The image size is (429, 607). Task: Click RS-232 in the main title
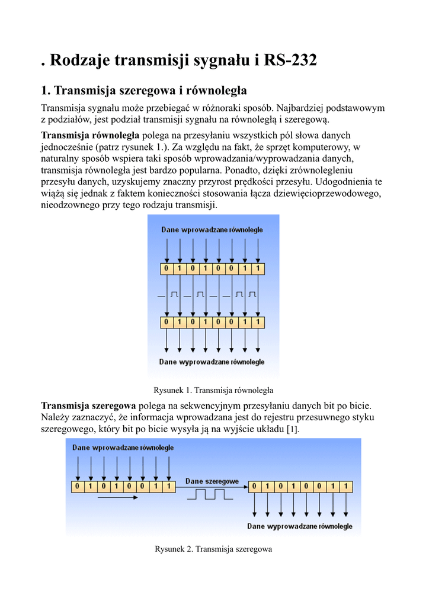[x=291, y=60]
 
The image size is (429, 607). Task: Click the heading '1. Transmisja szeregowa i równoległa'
[x=144, y=91]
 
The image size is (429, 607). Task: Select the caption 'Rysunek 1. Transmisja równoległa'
[x=213, y=390]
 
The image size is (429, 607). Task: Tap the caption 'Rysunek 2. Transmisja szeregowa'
[x=213, y=550]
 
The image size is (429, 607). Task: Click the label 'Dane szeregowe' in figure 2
[x=212, y=481]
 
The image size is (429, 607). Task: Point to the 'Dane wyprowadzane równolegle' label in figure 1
[x=212, y=362]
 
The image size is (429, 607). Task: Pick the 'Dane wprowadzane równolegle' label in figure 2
[x=123, y=448]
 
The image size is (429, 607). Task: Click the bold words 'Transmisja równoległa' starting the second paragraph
[x=90, y=135]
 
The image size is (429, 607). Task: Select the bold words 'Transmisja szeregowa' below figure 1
[x=88, y=405]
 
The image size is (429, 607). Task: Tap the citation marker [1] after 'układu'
[x=293, y=429]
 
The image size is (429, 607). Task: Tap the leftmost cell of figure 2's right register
[x=255, y=487]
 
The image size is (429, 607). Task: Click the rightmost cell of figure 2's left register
[x=169, y=487]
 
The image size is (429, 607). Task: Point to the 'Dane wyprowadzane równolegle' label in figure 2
[x=300, y=526]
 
